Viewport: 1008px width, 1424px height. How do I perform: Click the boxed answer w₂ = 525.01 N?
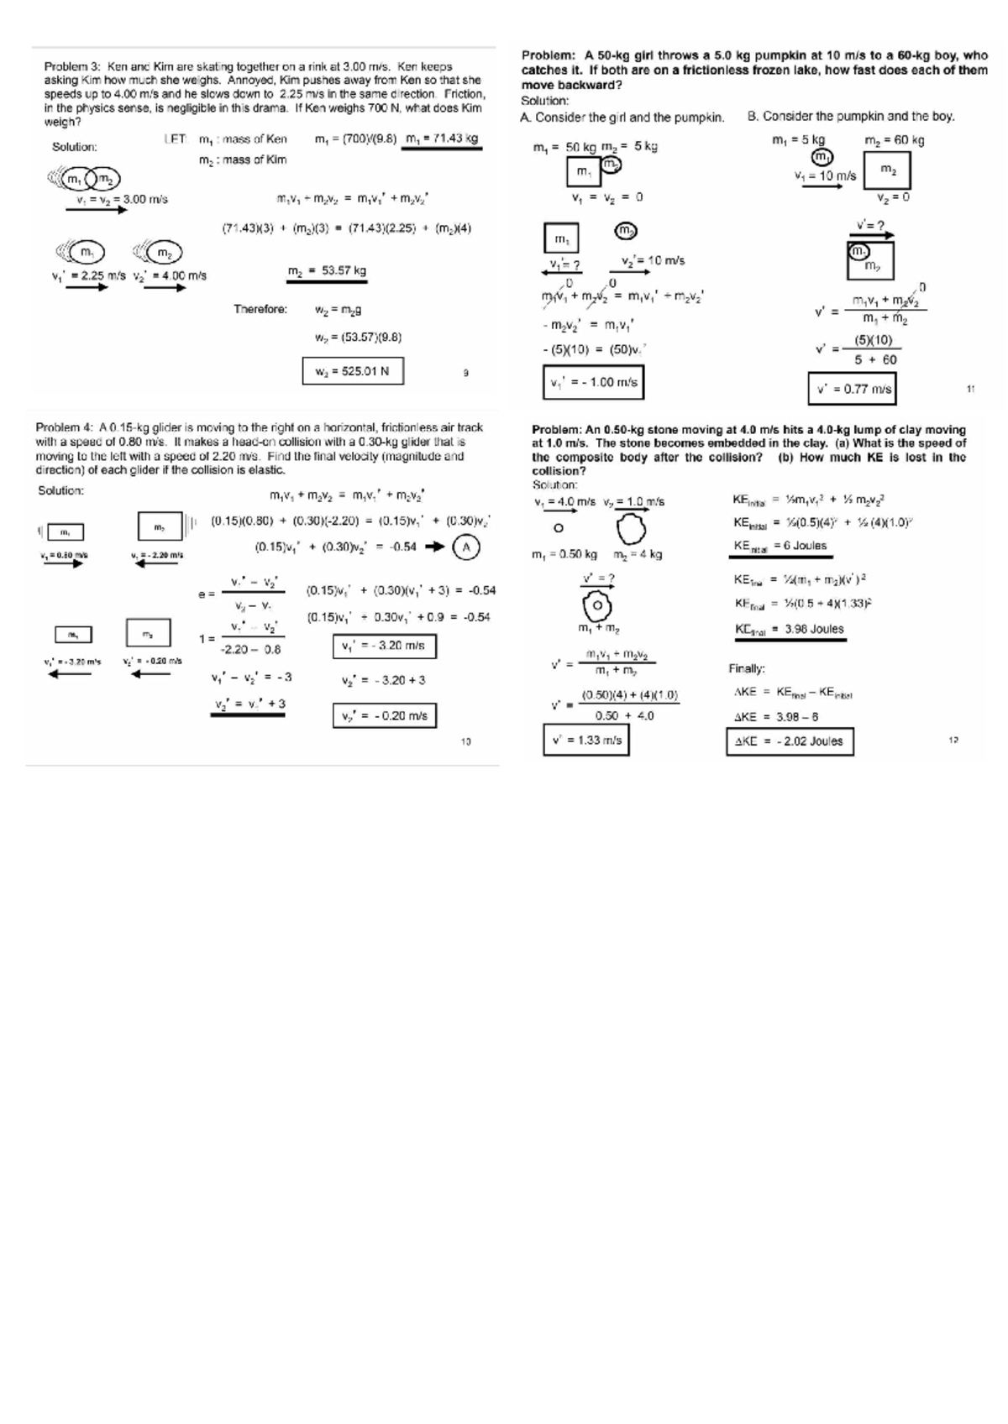[353, 371]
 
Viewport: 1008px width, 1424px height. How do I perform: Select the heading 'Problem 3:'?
[72, 66]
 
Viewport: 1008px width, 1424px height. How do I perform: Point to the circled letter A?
[466, 547]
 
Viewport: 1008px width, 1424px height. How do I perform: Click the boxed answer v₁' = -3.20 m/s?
[384, 646]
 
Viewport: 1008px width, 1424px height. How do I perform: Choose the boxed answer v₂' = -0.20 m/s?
[384, 715]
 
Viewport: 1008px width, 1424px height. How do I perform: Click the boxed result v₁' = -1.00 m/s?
[593, 383]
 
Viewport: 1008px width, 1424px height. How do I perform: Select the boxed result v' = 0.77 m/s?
[852, 389]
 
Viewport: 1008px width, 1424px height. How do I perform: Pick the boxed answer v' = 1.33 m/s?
[586, 740]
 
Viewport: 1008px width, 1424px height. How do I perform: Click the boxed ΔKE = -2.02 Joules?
[789, 741]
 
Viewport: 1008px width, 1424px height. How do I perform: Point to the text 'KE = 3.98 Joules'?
[789, 629]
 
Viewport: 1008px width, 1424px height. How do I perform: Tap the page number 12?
[953, 741]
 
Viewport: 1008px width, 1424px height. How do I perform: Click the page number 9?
[465, 372]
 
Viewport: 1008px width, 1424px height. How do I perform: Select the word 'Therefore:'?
[260, 309]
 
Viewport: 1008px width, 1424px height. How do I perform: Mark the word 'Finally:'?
[747, 668]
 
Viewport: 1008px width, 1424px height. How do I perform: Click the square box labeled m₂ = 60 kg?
[887, 170]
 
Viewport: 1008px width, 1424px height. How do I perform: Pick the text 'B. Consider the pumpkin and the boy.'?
[851, 117]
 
